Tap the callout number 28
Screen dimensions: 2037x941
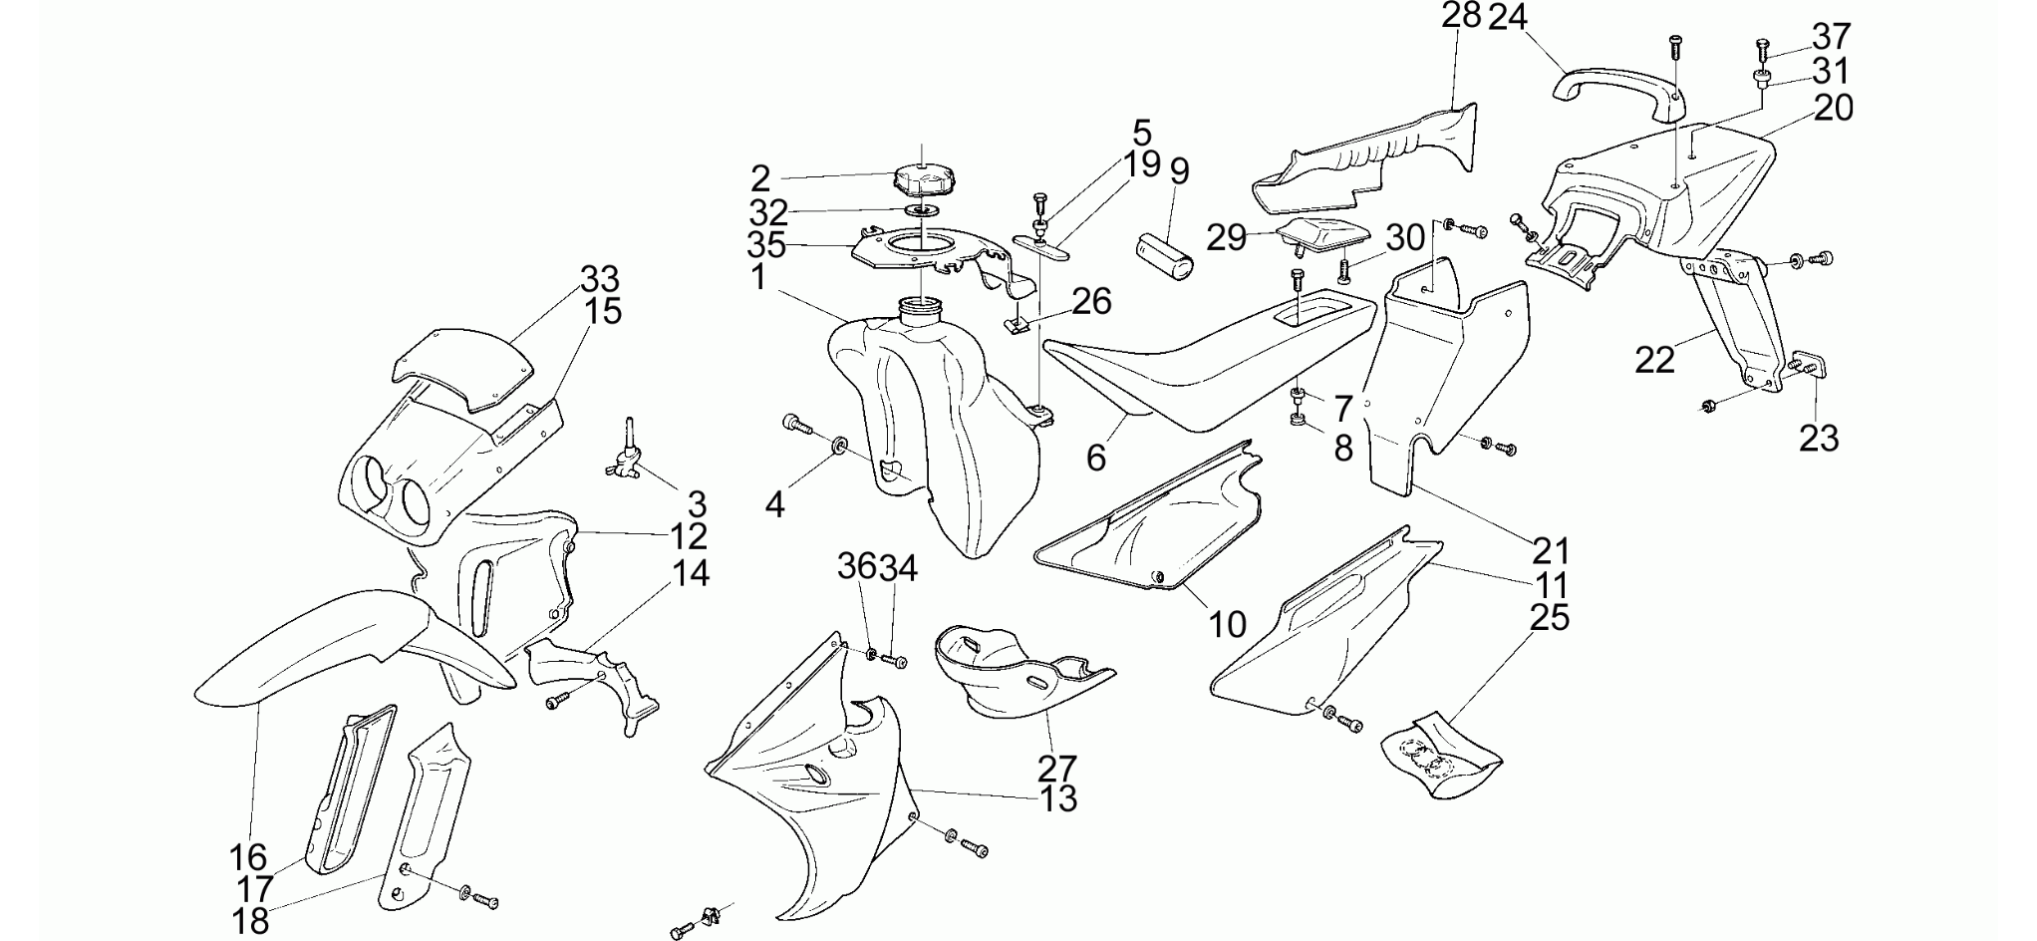(x=1462, y=16)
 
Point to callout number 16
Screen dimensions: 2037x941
(x=248, y=856)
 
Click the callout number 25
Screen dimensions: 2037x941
(x=1550, y=618)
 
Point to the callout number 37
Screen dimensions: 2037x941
(x=1831, y=36)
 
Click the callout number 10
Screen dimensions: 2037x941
(x=1228, y=625)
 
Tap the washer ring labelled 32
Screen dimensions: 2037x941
(x=924, y=211)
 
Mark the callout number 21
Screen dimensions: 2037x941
(x=1552, y=550)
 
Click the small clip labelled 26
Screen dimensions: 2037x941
(x=1017, y=326)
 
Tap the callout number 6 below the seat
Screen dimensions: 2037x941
(x=1096, y=458)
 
